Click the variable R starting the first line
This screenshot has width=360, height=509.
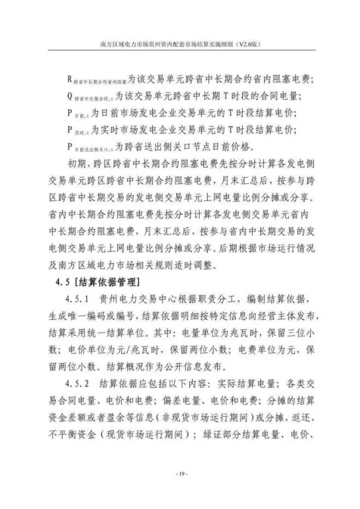point(70,79)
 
